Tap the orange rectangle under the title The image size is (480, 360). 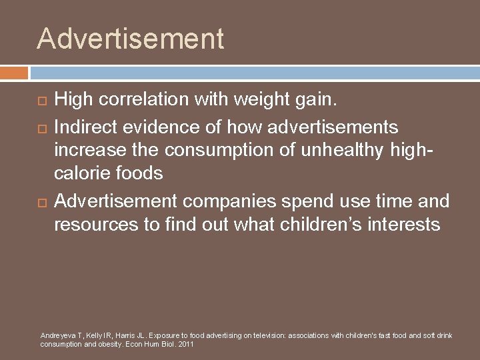click(x=14, y=73)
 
